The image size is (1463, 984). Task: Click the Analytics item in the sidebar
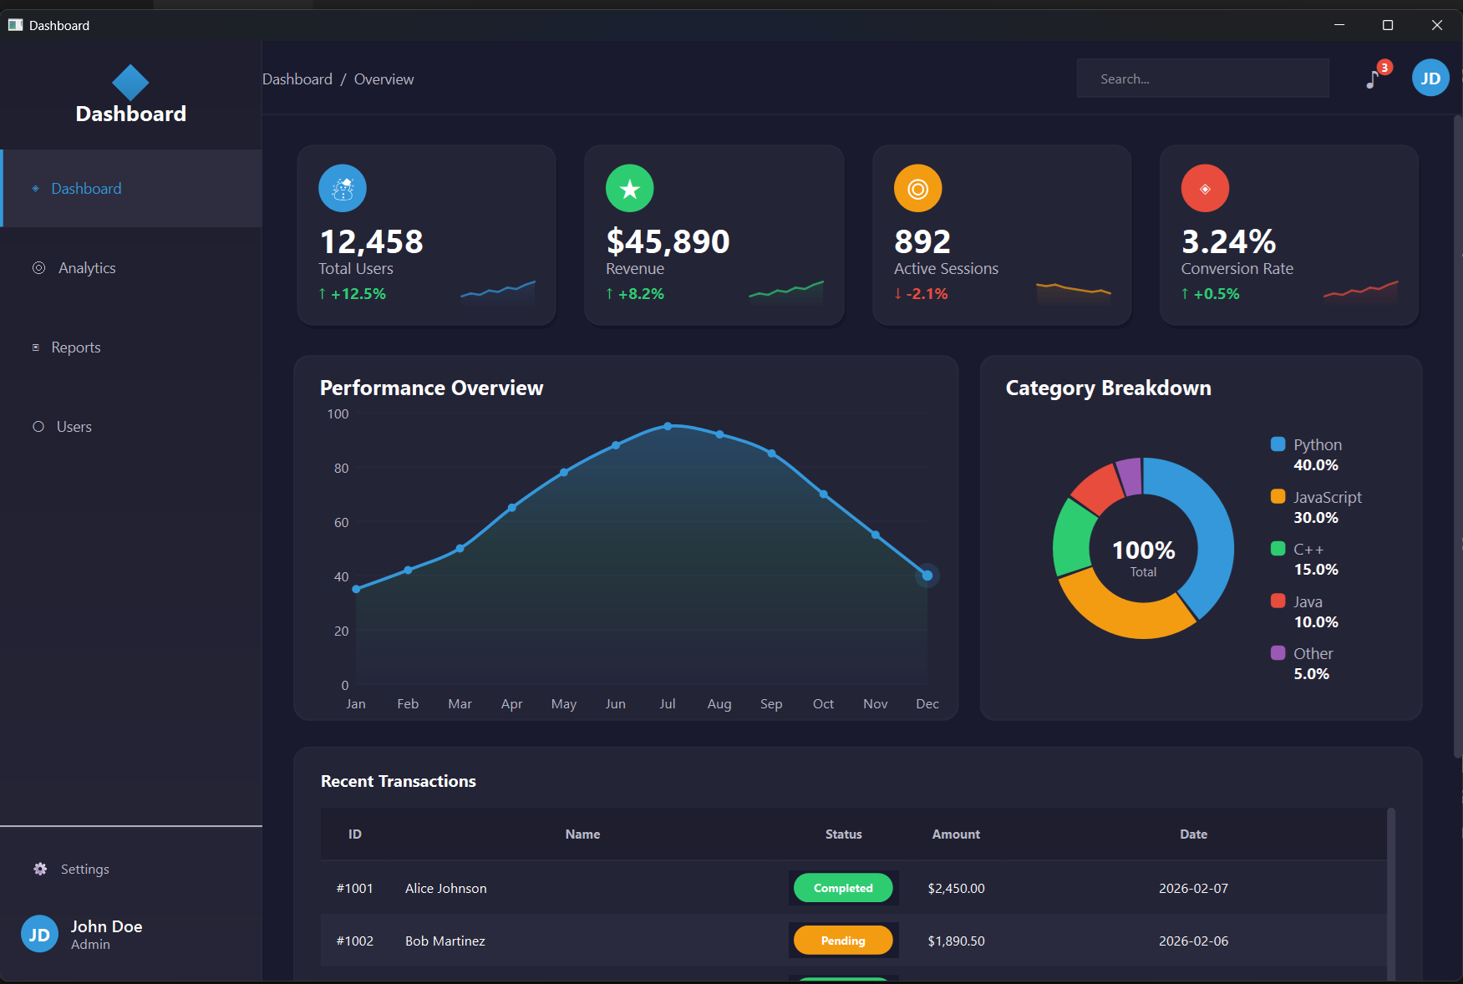(86, 268)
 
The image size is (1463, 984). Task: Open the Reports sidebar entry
(75, 347)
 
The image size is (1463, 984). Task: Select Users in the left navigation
(74, 427)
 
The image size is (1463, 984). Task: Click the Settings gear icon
(40, 869)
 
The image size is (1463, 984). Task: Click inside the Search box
(1201, 79)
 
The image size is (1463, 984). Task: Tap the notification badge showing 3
(1384, 68)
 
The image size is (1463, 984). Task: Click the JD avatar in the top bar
(1430, 79)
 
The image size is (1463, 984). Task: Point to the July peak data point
(668, 426)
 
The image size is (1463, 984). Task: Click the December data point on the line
(927, 576)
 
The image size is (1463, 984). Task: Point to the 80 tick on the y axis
(341, 469)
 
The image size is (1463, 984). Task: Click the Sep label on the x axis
(770, 704)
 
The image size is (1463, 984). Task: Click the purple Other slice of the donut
(1130, 476)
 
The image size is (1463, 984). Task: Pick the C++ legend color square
(1278, 549)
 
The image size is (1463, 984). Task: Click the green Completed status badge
(842, 888)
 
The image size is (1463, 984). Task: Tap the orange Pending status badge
(842, 941)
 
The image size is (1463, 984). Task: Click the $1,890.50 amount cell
(956, 941)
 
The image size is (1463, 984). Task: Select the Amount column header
(956, 834)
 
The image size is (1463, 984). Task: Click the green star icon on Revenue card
(629, 189)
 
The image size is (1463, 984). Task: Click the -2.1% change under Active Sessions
(927, 294)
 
